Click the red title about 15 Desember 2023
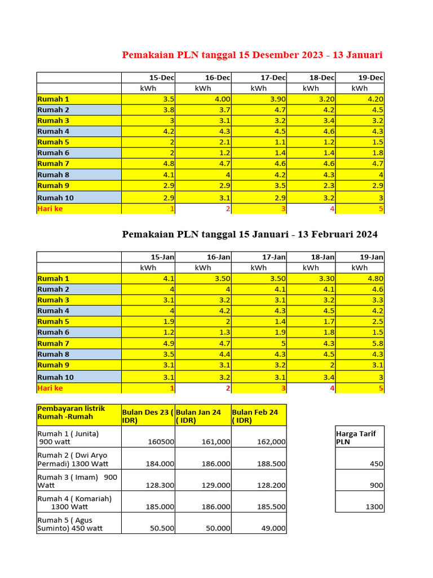click(252, 55)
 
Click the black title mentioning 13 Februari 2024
click(250, 234)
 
